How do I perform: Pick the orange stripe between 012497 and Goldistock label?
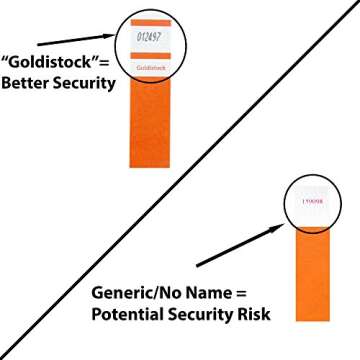tap(152, 57)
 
